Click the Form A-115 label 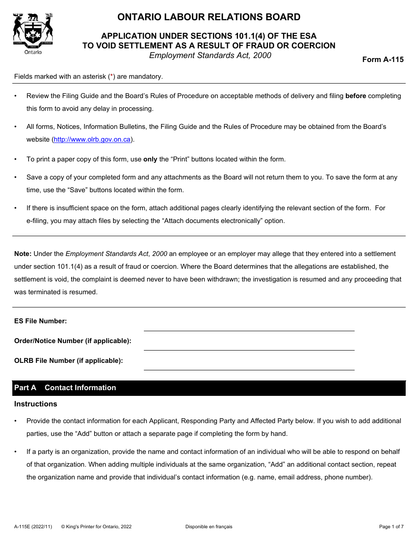pyautogui.click(x=382, y=60)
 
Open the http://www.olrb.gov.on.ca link pyautogui.click(x=92, y=139)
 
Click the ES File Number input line pyautogui.click(x=249, y=326)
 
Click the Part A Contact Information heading pyautogui.click(x=65, y=387)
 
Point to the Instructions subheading pyautogui.click(x=36, y=404)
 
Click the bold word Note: pyautogui.click(x=23, y=254)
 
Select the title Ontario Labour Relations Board pyautogui.click(x=209, y=17)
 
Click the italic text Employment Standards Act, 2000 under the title pyautogui.click(x=210, y=55)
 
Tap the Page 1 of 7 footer pyautogui.click(x=391, y=526)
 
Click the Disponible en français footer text pyautogui.click(x=209, y=526)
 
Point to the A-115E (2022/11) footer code pyautogui.click(x=33, y=526)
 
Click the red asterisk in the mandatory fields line pyautogui.click(x=112, y=77)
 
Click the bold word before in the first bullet pyautogui.click(x=356, y=96)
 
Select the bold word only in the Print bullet pyautogui.click(x=150, y=159)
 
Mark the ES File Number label pyautogui.click(x=40, y=321)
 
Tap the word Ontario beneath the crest pyautogui.click(x=33, y=52)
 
